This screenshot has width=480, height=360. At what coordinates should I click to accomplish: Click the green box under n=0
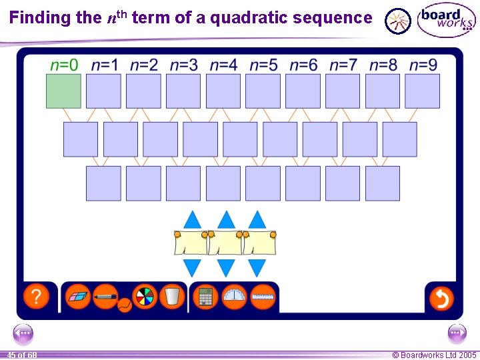[x=63, y=91]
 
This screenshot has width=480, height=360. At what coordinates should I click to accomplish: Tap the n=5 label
[x=263, y=65]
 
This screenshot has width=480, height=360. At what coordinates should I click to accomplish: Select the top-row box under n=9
[x=422, y=91]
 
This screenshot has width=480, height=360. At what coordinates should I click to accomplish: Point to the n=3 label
[x=183, y=65]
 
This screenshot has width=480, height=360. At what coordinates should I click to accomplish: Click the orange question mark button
[x=36, y=297]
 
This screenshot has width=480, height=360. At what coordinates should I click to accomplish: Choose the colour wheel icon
[x=144, y=297]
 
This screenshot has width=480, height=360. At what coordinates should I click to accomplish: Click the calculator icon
[x=206, y=297]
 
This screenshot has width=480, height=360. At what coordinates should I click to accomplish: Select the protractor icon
[x=234, y=297]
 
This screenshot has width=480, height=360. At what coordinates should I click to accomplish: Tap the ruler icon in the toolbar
[x=263, y=297]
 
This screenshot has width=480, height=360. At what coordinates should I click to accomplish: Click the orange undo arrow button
[x=441, y=297]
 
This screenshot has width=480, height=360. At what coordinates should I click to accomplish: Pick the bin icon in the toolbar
[x=171, y=297]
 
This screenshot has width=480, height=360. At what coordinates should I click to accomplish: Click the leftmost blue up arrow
[x=192, y=219]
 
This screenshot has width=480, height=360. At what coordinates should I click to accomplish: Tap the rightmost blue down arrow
[x=257, y=268]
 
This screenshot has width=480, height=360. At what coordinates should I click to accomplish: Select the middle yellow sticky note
[x=225, y=243]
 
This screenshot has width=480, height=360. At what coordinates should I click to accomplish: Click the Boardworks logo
[x=446, y=20]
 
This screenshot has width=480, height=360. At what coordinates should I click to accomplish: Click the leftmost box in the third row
[x=103, y=183]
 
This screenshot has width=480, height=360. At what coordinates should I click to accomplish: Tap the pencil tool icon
[x=105, y=295]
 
